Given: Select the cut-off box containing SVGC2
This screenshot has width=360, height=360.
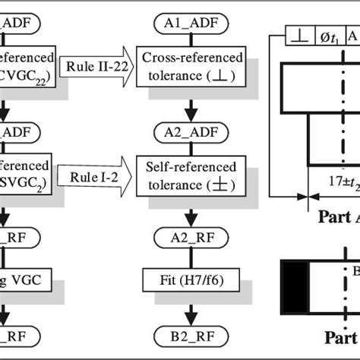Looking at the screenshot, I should pos(27,174).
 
